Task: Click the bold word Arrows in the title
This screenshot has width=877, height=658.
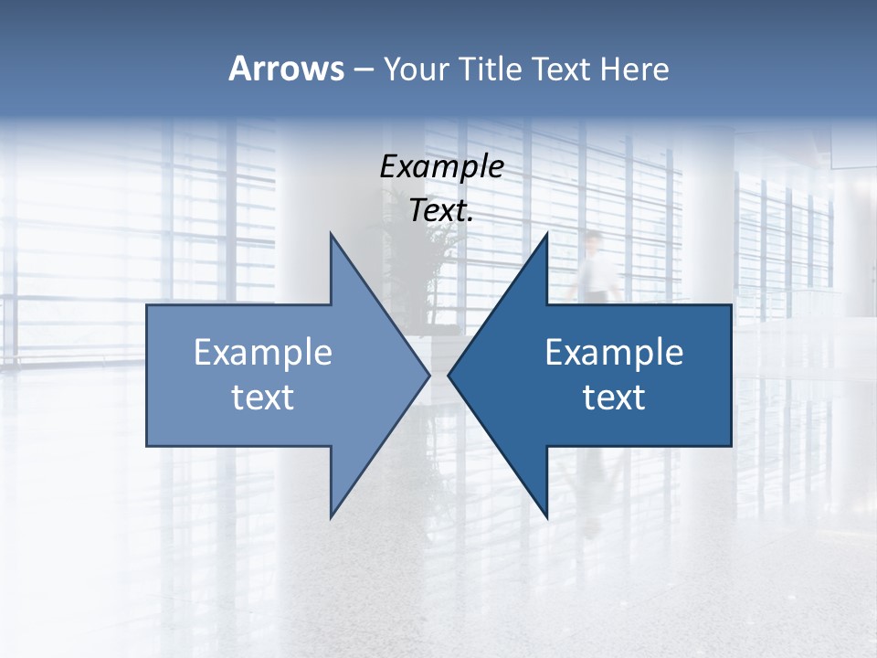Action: click(x=286, y=69)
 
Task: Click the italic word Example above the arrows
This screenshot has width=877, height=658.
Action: click(x=441, y=167)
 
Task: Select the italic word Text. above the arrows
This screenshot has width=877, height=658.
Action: click(x=441, y=210)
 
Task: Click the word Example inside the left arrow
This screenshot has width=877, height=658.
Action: click(x=263, y=353)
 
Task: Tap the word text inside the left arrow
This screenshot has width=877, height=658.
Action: click(x=263, y=398)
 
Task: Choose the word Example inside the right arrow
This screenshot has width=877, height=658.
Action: click(x=614, y=353)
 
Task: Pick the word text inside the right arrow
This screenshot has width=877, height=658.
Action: click(x=614, y=398)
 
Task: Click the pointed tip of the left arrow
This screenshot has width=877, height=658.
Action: click(x=428, y=375)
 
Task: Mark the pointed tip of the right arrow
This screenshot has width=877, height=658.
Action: click(x=449, y=375)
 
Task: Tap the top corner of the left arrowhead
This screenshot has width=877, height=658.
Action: click(x=332, y=235)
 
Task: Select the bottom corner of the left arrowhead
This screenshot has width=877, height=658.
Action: click(x=332, y=516)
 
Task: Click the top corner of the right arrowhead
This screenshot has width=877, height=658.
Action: click(x=546, y=235)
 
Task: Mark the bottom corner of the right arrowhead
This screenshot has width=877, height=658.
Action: click(x=546, y=516)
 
